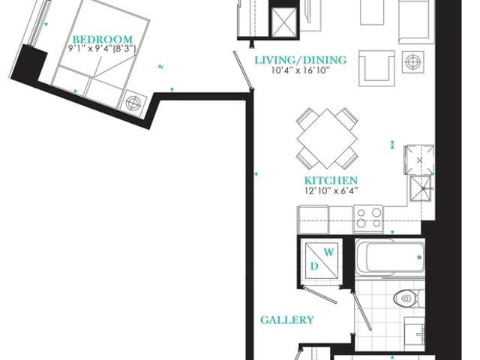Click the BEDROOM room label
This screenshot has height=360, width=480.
coord(103,40)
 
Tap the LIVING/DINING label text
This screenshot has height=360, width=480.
coord(301,60)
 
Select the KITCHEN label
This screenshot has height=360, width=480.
coord(331,180)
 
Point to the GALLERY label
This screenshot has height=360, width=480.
coord(287,320)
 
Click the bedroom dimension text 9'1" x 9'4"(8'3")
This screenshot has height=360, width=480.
coord(102,49)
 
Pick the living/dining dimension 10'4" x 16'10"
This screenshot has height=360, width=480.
coord(300,70)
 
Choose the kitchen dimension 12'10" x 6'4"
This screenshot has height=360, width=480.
coord(331,191)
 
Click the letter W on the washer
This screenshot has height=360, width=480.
coord(328,253)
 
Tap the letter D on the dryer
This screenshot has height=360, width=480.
coord(314,267)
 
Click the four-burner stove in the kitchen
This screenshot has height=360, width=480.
coord(368,218)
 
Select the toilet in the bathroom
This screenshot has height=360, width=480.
coord(409,298)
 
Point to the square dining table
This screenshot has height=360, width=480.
coord(327,138)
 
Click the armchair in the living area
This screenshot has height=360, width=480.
coord(376,68)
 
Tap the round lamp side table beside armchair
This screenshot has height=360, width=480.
coord(413,62)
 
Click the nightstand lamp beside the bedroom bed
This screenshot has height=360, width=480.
coord(133,103)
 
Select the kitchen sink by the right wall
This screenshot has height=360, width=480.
coord(421,188)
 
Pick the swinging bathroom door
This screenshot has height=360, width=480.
coord(361,310)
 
